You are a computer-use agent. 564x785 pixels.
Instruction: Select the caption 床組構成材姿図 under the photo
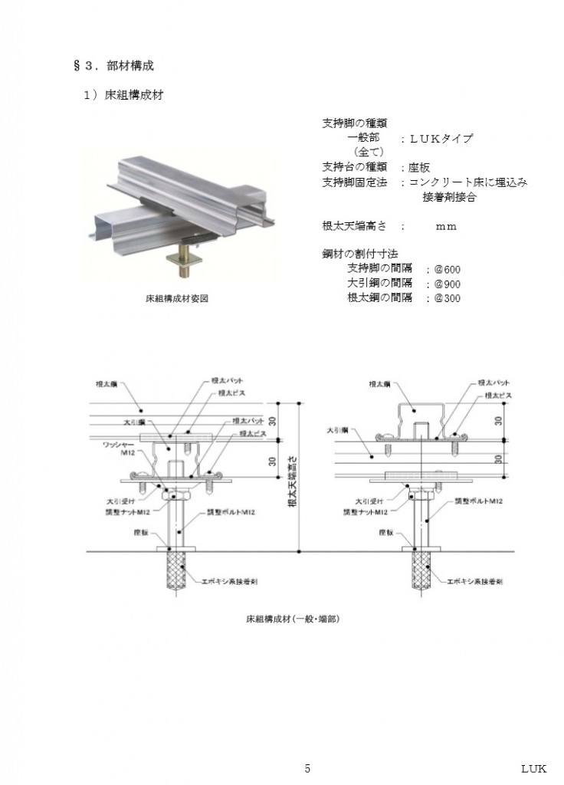tap(176, 299)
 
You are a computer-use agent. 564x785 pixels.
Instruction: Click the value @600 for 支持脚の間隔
tap(448, 270)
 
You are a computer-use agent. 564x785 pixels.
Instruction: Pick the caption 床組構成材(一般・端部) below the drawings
tap(287, 617)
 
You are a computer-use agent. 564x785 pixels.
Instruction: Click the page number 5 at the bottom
tap(307, 769)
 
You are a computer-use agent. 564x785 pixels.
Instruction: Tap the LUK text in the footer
tap(533, 769)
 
